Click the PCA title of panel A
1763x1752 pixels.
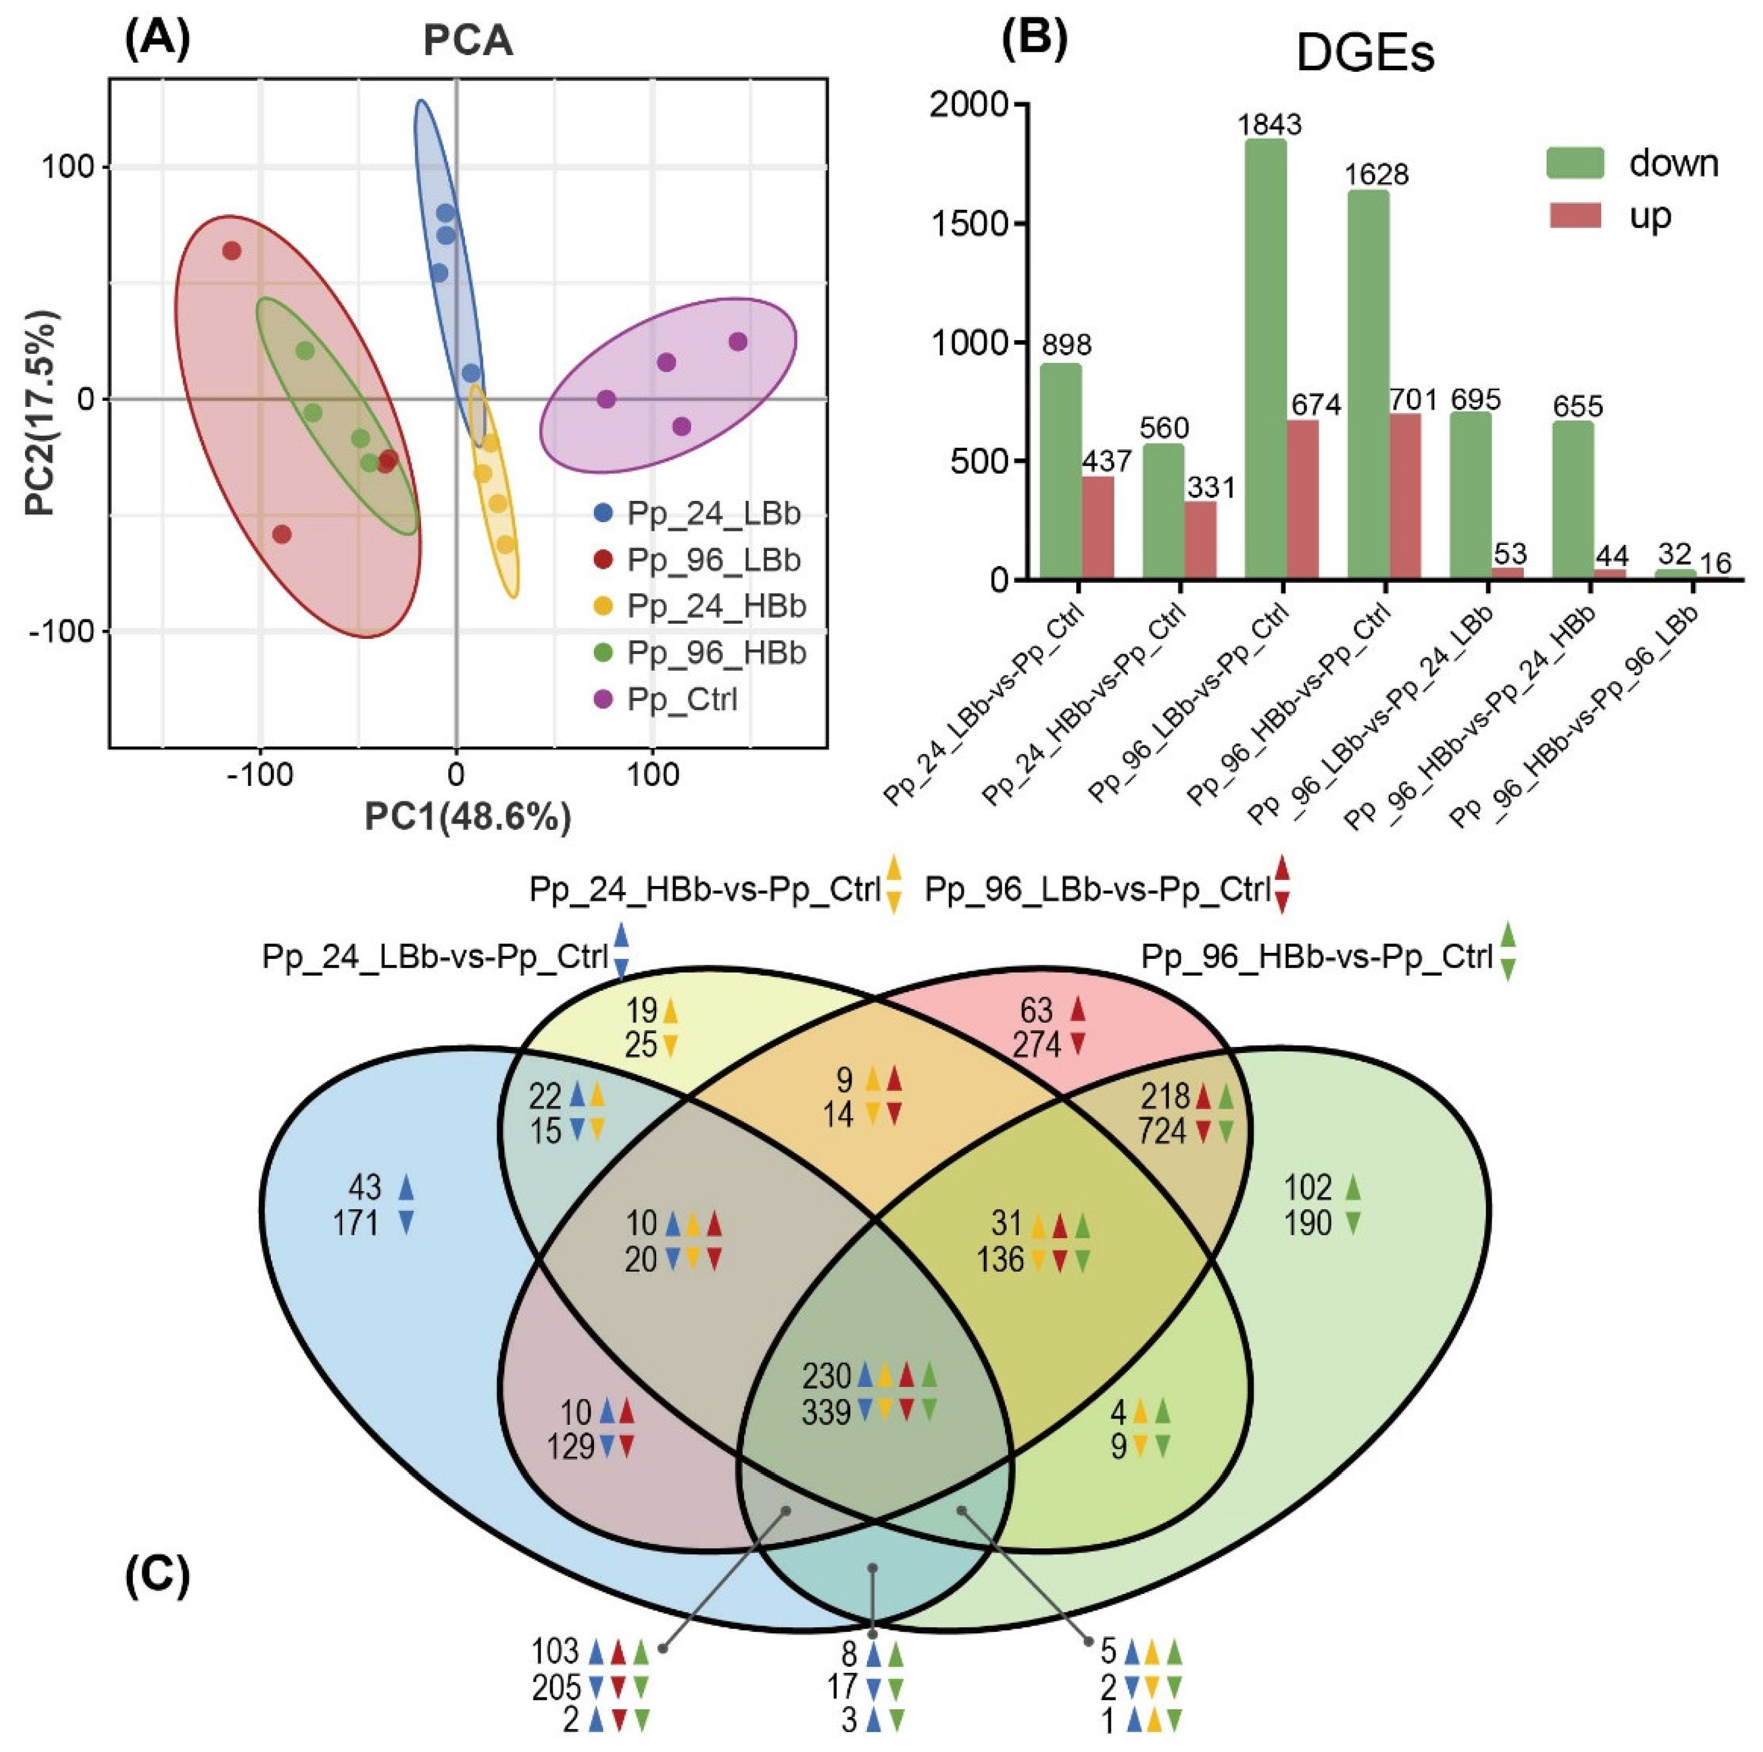[467, 42]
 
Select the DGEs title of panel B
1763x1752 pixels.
[1365, 55]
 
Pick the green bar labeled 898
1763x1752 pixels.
[1061, 471]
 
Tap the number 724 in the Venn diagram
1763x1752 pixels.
[1161, 1131]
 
